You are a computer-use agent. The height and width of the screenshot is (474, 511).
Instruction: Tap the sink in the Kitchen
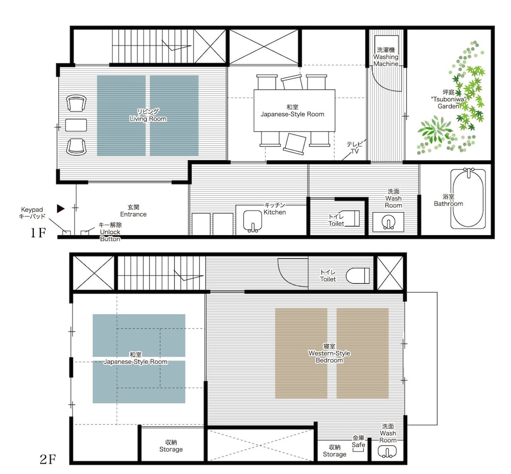(252, 221)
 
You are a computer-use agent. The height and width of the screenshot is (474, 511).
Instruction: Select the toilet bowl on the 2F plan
(358, 276)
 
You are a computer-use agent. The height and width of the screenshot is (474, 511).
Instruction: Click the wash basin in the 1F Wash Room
(388, 222)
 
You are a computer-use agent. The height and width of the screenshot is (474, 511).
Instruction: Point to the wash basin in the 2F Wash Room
(387, 452)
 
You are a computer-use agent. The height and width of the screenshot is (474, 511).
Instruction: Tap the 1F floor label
(38, 233)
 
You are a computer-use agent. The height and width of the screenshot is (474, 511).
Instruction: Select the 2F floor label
(48, 460)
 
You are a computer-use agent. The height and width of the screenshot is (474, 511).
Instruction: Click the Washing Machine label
(386, 57)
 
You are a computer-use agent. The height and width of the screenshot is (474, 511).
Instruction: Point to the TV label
(355, 148)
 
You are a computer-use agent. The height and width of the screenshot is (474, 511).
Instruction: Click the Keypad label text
(32, 213)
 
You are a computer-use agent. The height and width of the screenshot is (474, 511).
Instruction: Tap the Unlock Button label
(110, 232)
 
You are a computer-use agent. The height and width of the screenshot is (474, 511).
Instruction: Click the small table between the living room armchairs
(76, 125)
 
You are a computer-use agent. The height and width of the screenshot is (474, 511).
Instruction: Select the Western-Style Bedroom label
(330, 353)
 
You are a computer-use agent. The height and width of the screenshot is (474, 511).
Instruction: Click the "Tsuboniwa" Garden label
(449, 99)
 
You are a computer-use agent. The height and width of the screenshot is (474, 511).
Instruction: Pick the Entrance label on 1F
(133, 211)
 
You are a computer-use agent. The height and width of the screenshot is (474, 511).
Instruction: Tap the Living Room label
(148, 116)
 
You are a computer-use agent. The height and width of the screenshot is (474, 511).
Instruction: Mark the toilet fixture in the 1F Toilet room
(352, 218)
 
